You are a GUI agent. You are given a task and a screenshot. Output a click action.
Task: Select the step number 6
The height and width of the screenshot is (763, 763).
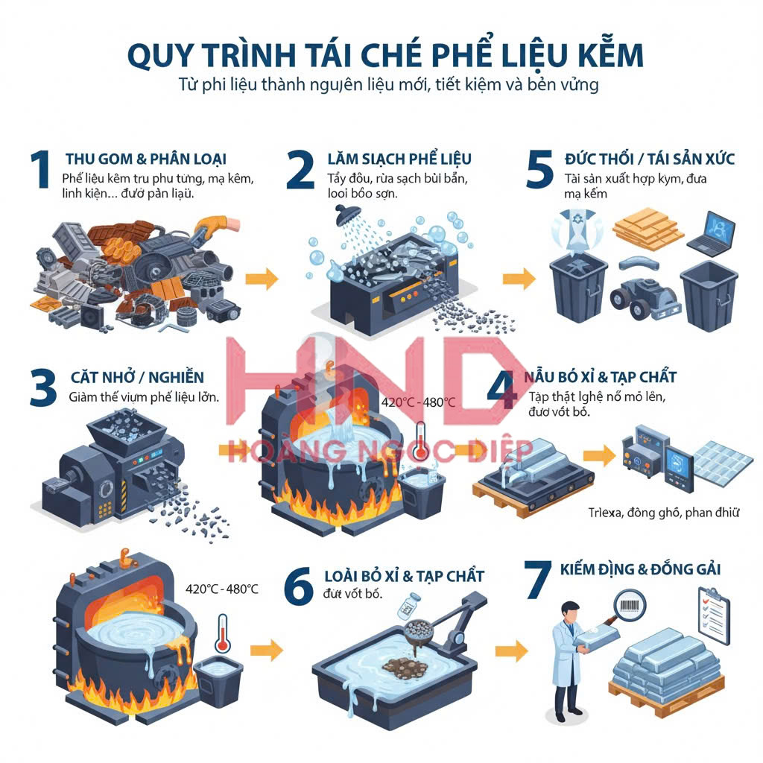coord(299,588)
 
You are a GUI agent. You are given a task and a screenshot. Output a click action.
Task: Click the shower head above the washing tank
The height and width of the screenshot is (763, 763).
coord(344,195)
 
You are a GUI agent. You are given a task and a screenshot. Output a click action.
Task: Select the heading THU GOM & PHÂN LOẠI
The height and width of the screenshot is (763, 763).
coord(145,159)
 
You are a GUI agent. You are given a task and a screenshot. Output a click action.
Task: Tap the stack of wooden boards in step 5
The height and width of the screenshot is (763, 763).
coord(648,229)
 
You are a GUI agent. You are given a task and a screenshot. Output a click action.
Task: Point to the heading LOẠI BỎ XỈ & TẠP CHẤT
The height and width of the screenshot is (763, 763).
coord(404,576)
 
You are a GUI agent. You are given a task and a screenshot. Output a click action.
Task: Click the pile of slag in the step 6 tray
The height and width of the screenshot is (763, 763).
coord(401,662)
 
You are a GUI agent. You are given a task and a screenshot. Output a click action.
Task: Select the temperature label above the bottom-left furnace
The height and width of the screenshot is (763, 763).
coord(222,589)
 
